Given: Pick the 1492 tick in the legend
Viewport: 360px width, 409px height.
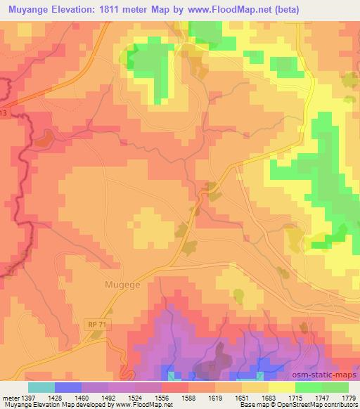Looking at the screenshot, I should pyautogui.click(x=108, y=397).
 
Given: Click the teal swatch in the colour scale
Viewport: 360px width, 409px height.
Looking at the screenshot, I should pyautogui.click(x=41, y=387).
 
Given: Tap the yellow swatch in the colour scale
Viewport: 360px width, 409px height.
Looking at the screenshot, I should pyautogui.click(x=281, y=387).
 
